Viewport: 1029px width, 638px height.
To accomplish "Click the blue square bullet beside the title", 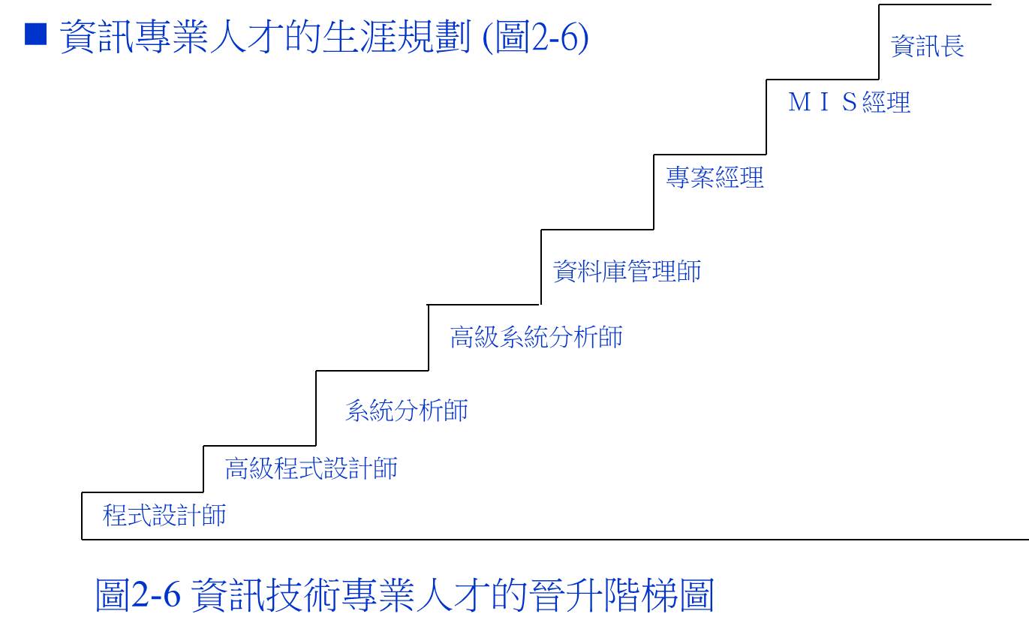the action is coord(35,34).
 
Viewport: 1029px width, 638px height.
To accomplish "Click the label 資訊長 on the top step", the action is coord(928,47).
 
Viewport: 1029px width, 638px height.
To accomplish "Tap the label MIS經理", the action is coord(849,102).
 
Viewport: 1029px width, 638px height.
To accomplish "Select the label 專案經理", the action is coord(715,177).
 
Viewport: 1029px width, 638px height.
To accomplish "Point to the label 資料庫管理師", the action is coord(627,271).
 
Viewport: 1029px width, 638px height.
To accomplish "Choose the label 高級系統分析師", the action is coord(536,337).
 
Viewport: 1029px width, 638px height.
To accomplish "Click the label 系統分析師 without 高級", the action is coord(407,410).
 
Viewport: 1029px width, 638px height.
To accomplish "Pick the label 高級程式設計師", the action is coord(311,468).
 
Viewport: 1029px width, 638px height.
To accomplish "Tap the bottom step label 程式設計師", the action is coord(164,515).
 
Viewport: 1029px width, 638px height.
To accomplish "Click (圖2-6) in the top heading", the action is coord(536,37).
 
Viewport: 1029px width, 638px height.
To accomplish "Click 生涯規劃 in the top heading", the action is coord(396,37).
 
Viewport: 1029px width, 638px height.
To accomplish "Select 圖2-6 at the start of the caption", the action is coord(137,594).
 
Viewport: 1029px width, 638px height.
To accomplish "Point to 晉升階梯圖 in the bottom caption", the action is coord(621,594).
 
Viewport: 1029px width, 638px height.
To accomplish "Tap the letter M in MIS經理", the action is coord(799,102).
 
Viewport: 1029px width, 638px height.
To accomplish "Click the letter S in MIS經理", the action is coord(850,102).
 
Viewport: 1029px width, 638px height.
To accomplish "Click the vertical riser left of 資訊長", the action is coord(879,42).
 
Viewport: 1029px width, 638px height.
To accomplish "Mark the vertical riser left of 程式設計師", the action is coord(83,516).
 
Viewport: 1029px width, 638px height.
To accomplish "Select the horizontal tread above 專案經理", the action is coord(710,155).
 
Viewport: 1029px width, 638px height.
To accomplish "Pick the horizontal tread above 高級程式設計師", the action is coord(260,446).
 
